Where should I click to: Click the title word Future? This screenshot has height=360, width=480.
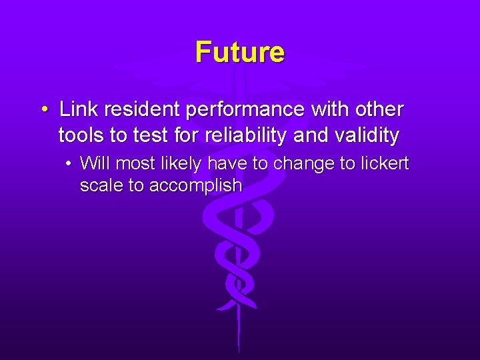click(x=239, y=52)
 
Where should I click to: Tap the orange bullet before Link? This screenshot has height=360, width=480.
click(x=43, y=109)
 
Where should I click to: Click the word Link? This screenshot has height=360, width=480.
click(x=77, y=109)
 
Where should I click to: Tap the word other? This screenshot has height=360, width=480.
click(x=379, y=109)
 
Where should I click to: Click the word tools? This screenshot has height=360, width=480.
click(x=81, y=136)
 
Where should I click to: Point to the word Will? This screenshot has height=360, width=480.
click(x=95, y=163)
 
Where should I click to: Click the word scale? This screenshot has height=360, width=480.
click(x=101, y=185)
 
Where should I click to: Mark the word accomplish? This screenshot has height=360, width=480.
click(x=195, y=186)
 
